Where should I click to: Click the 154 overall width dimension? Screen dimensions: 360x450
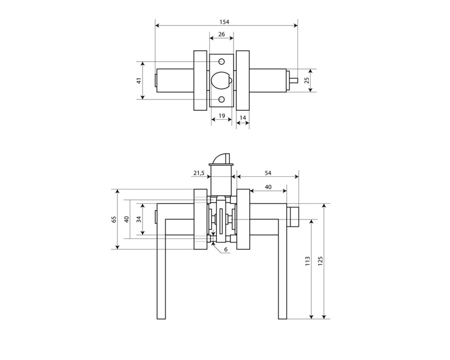coord(224,22)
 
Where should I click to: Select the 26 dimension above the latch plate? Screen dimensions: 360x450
coord(221,34)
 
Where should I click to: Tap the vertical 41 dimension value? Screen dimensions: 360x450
coord(139,80)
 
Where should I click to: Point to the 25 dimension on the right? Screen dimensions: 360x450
coord(307,80)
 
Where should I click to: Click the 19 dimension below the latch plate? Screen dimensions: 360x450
coord(221,116)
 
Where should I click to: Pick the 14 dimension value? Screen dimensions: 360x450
coord(243,117)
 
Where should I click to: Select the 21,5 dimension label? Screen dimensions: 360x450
coord(199,173)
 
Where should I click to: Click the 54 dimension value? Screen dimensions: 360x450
coord(268,173)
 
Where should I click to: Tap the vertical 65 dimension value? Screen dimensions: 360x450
coord(114,219)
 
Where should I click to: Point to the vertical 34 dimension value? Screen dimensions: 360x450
coord(139,219)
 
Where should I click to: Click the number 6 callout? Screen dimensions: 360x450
coord(226,249)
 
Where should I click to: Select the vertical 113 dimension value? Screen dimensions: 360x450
coord(308,261)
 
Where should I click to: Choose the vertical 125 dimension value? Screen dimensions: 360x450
coord(320,261)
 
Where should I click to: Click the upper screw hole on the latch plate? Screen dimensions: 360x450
coord(221,62)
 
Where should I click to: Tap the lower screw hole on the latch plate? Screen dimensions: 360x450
coord(221,99)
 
